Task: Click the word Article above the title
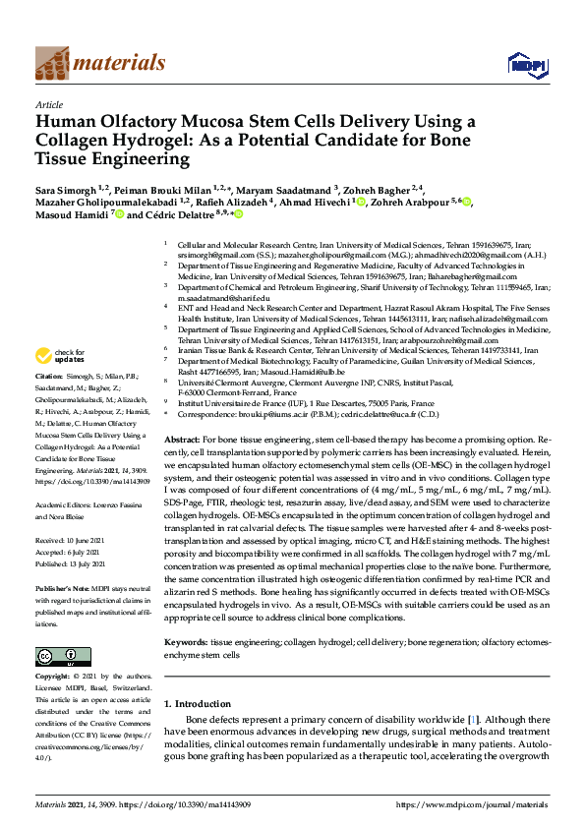coord(49,103)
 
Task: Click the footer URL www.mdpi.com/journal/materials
coord(473,804)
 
